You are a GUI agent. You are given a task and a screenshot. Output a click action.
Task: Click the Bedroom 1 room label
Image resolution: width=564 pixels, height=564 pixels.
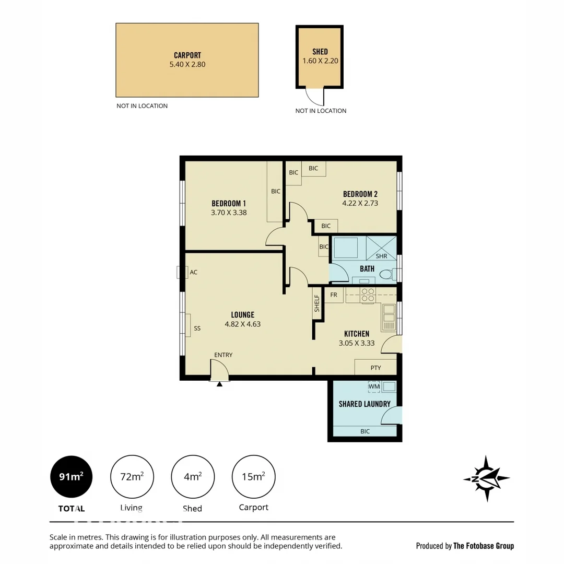(x=228, y=203)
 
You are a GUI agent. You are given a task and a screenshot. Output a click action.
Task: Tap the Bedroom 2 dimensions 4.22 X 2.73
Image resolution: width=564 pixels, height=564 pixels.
(x=360, y=203)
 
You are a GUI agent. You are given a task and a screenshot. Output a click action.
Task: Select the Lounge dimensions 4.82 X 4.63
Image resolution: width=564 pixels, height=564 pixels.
(x=242, y=324)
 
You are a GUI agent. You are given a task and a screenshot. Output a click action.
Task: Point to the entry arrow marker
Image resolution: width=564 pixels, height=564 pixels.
(x=219, y=384)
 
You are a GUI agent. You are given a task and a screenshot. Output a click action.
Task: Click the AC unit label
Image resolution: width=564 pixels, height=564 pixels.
(x=194, y=272)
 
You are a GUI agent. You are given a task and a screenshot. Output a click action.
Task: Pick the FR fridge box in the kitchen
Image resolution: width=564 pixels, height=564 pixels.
(x=334, y=295)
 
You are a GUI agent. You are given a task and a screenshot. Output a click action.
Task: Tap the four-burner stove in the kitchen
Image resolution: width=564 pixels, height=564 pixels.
(x=368, y=295)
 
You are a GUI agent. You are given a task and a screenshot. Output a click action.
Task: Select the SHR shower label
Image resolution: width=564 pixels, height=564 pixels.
(x=381, y=256)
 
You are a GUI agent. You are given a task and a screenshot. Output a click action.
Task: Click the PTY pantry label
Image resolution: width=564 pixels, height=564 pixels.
(x=375, y=368)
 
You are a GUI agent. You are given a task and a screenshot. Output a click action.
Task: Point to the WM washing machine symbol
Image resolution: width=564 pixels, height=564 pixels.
(x=374, y=387)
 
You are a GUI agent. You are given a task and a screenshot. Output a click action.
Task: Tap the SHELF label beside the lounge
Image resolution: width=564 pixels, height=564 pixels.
(x=316, y=303)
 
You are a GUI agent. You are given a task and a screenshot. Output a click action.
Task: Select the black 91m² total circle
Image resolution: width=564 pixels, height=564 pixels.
(x=72, y=477)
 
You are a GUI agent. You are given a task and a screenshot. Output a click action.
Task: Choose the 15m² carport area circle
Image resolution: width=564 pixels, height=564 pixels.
(x=253, y=477)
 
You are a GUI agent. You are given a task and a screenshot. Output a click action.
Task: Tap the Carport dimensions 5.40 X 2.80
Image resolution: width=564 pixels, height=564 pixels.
(x=187, y=64)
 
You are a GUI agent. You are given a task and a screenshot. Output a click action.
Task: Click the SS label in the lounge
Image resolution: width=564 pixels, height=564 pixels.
(x=197, y=328)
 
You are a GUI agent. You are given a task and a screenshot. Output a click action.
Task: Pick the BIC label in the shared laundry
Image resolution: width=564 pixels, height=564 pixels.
(x=365, y=431)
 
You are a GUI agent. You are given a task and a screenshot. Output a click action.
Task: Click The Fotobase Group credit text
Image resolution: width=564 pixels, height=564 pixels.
(x=484, y=546)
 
